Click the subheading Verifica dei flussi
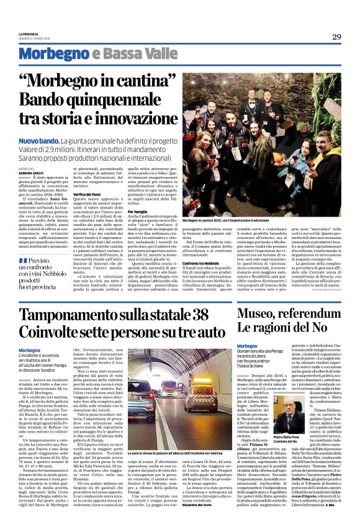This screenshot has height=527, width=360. [89, 194]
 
